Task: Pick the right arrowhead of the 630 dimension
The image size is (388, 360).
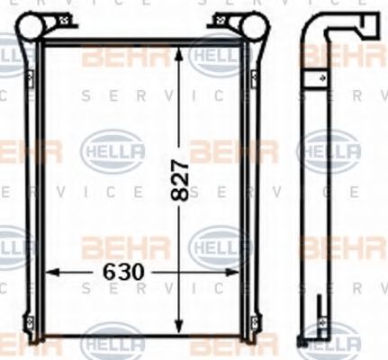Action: tap(236, 270)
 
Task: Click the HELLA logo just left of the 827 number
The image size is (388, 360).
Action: tap(107, 148)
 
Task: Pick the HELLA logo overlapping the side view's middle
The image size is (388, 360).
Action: tap(328, 148)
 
